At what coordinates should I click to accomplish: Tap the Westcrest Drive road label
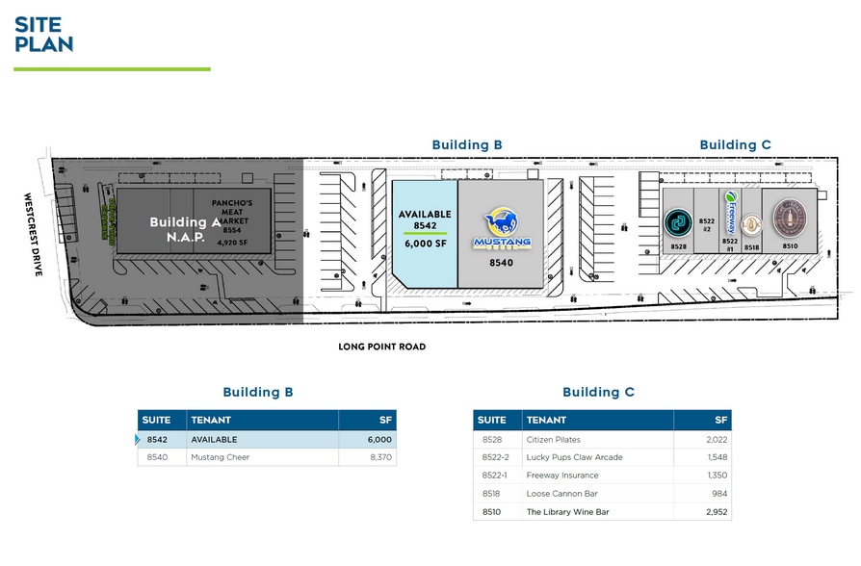33,235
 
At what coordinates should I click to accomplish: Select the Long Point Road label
381,347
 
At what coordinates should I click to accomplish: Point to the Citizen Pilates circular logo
678,223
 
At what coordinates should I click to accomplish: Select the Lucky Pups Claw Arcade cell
574,457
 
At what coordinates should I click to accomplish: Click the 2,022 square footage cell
715,440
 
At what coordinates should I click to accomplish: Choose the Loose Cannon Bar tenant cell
562,494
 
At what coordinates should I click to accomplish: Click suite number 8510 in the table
493,512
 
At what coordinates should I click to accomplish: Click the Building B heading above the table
257,393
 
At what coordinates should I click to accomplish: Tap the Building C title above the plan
735,145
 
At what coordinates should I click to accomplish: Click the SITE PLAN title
43,34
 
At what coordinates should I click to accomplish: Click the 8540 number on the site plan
501,262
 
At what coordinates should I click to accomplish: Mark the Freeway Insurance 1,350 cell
715,476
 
